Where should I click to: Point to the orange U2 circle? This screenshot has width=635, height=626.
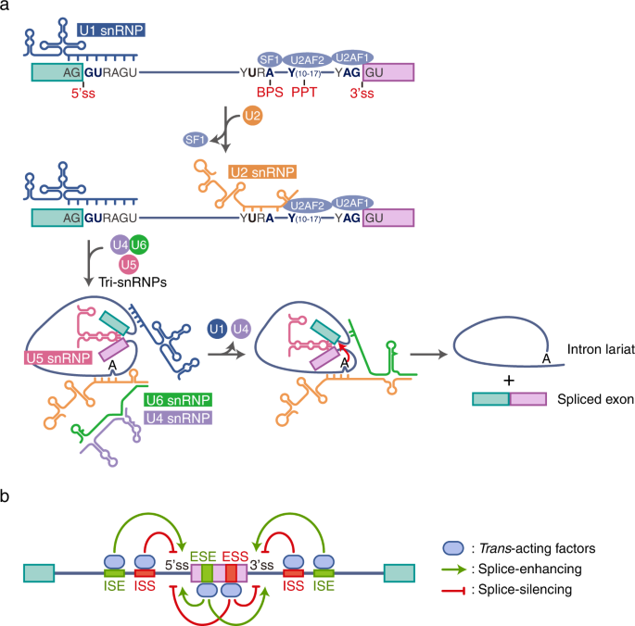(251, 117)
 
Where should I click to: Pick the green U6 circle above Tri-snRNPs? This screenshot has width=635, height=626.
(140, 244)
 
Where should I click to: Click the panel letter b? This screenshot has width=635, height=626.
(7, 498)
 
